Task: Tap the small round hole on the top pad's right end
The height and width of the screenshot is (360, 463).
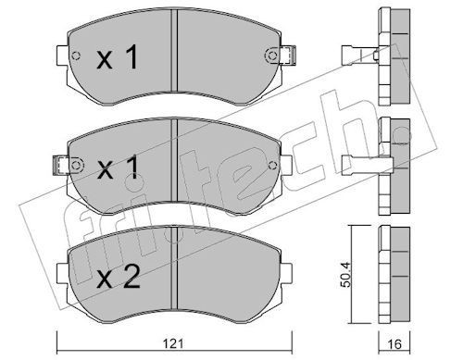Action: (269, 56)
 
